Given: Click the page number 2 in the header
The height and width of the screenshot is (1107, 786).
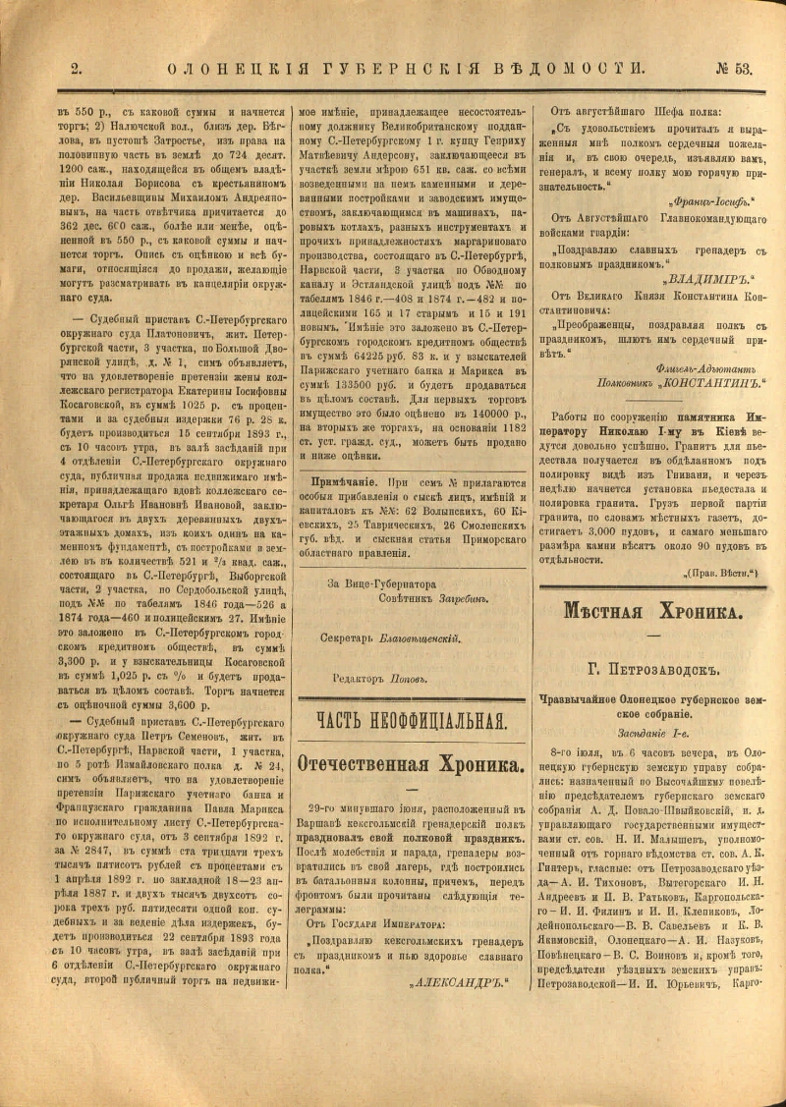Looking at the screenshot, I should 76,69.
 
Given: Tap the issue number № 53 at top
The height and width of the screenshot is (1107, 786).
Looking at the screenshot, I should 734,69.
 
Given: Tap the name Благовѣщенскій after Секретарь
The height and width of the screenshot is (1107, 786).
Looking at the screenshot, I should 420,637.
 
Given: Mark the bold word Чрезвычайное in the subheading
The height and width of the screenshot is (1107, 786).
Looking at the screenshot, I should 586,701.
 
